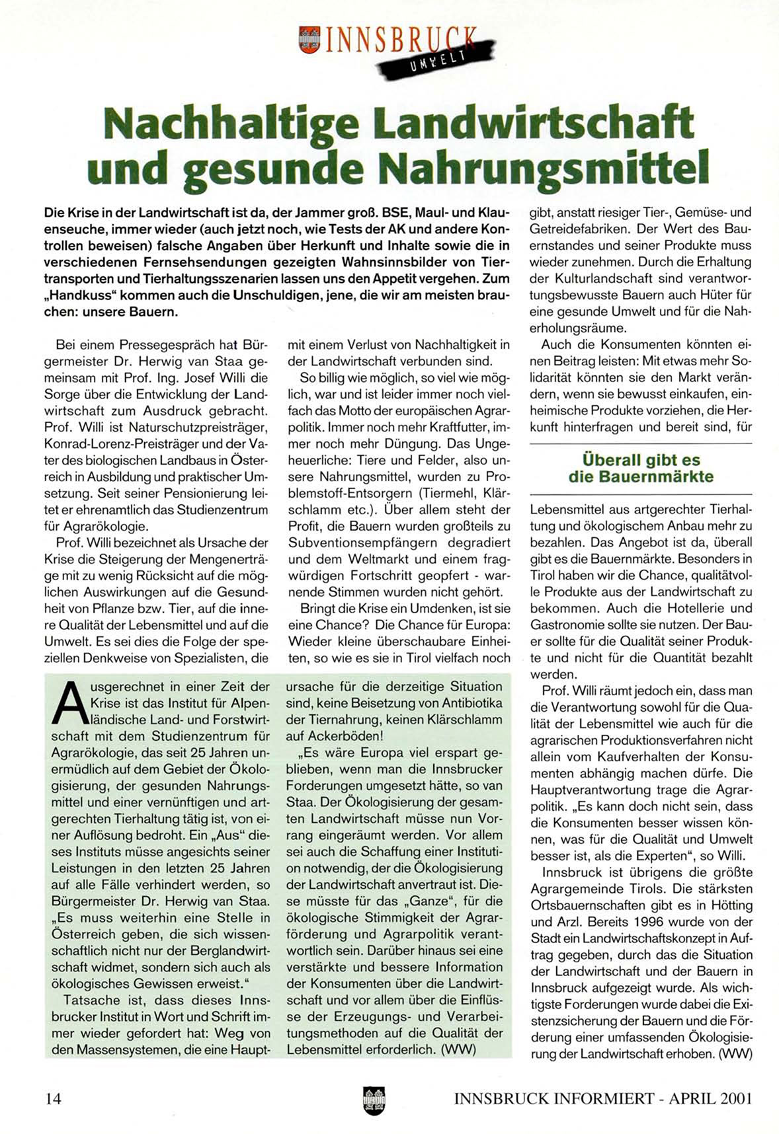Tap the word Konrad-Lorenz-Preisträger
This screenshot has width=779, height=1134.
108,444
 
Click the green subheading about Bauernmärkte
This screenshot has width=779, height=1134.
641,468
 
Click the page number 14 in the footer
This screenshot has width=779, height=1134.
54,1098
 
